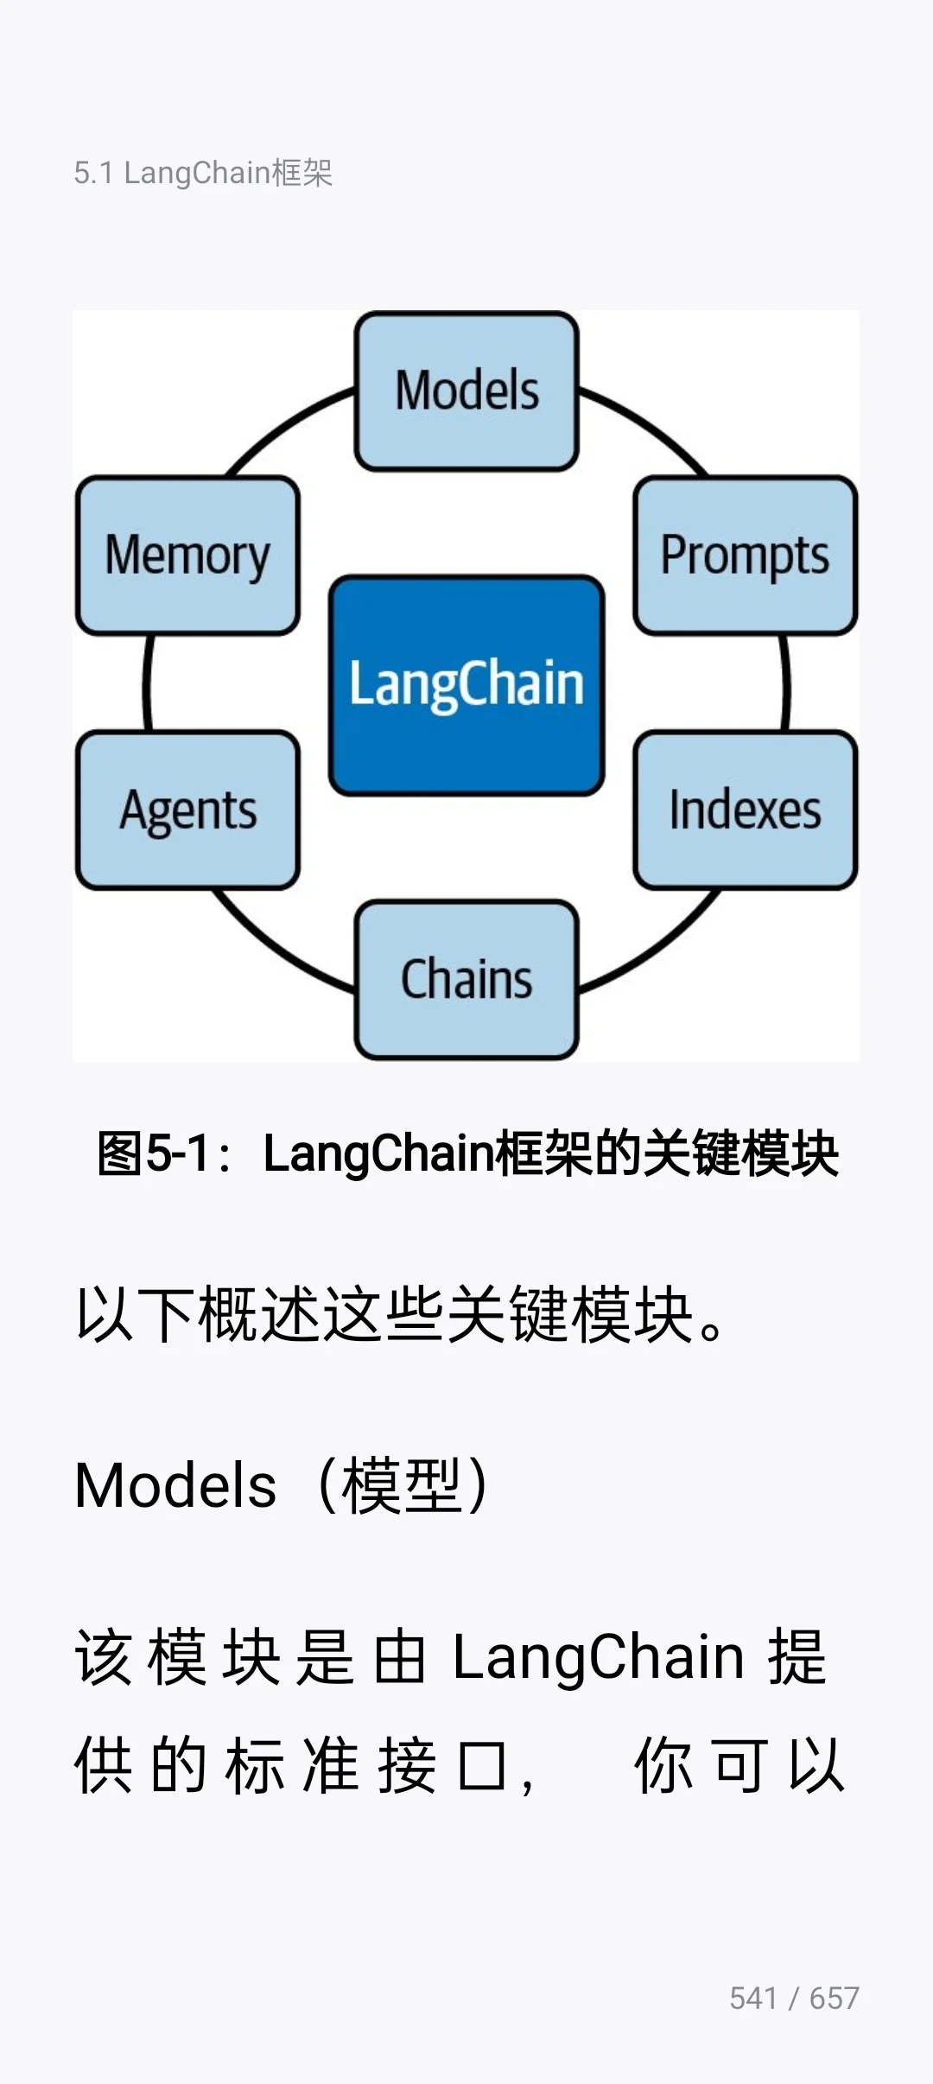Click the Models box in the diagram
[466, 391]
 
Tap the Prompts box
[745, 555]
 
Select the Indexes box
[745, 810]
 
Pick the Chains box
[466, 979]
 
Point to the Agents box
[188, 810]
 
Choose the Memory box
[188, 555]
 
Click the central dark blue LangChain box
[466, 684]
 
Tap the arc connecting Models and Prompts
[650, 425]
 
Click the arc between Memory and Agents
[148, 683]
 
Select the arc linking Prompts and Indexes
[785, 683]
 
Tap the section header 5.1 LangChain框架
[203, 173]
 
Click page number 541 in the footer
[753, 1998]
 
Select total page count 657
[834, 1998]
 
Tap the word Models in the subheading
[175, 1486]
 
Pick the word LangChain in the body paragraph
[598, 1657]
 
